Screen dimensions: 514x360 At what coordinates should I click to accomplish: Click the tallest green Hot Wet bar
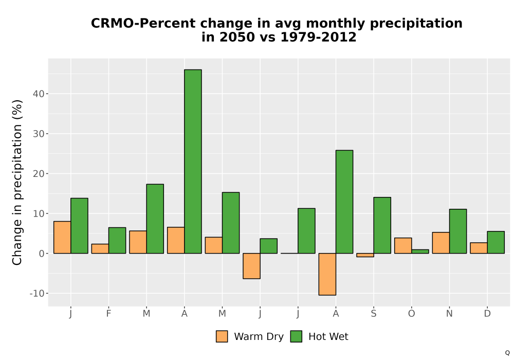(x=193, y=161)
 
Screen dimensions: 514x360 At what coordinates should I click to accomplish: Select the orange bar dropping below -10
(x=327, y=274)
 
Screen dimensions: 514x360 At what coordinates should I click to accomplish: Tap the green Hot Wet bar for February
(x=117, y=240)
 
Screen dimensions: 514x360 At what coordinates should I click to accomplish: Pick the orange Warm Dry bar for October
(x=403, y=246)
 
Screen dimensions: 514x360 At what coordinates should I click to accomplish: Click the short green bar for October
(x=420, y=251)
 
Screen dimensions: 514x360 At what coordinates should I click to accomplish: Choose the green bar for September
(x=382, y=225)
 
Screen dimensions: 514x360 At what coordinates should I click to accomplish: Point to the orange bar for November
(x=441, y=243)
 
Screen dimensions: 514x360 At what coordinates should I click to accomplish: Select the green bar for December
(x=495, y=242)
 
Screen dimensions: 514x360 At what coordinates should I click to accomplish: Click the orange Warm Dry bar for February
(x=100, y=248)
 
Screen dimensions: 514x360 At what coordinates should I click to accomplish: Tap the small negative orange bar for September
(x=365, y=255)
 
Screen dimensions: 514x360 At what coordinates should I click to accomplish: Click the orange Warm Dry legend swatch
(x=222, y=336)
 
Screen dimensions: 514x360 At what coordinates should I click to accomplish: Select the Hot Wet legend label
(x=328, y=336)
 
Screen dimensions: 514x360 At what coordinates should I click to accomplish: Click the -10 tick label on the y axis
(x=36, y=294)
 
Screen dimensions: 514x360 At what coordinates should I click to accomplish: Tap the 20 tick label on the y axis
(x=39, y=174)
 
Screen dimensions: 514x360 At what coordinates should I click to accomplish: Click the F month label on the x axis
(x=108, y=314)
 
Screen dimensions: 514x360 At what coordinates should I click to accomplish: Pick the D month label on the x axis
(x=487, y=314)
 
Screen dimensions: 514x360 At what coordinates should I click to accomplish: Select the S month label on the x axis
(x=374, y=314)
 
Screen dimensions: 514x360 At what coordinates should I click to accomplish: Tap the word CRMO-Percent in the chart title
(x=142, y=23)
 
